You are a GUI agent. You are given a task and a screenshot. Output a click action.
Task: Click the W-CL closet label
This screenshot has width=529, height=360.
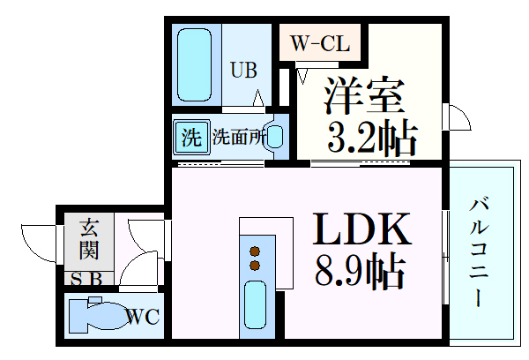[x=321, y=41]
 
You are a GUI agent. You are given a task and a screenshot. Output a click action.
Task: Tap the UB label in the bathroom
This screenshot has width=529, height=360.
[x=245, y=69]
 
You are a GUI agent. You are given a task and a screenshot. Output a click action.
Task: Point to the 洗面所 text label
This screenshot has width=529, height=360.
[x=236, y=138]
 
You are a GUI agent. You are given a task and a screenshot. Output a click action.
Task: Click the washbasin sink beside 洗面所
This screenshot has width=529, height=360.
[x=275, y=137]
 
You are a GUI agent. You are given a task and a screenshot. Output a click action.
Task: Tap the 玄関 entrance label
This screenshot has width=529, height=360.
[x=88, y=238]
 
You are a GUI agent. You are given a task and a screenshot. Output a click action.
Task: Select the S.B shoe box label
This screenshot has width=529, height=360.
[x=86, y=280]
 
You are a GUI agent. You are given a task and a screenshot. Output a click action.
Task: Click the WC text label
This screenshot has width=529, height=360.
[x=141, y=316]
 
